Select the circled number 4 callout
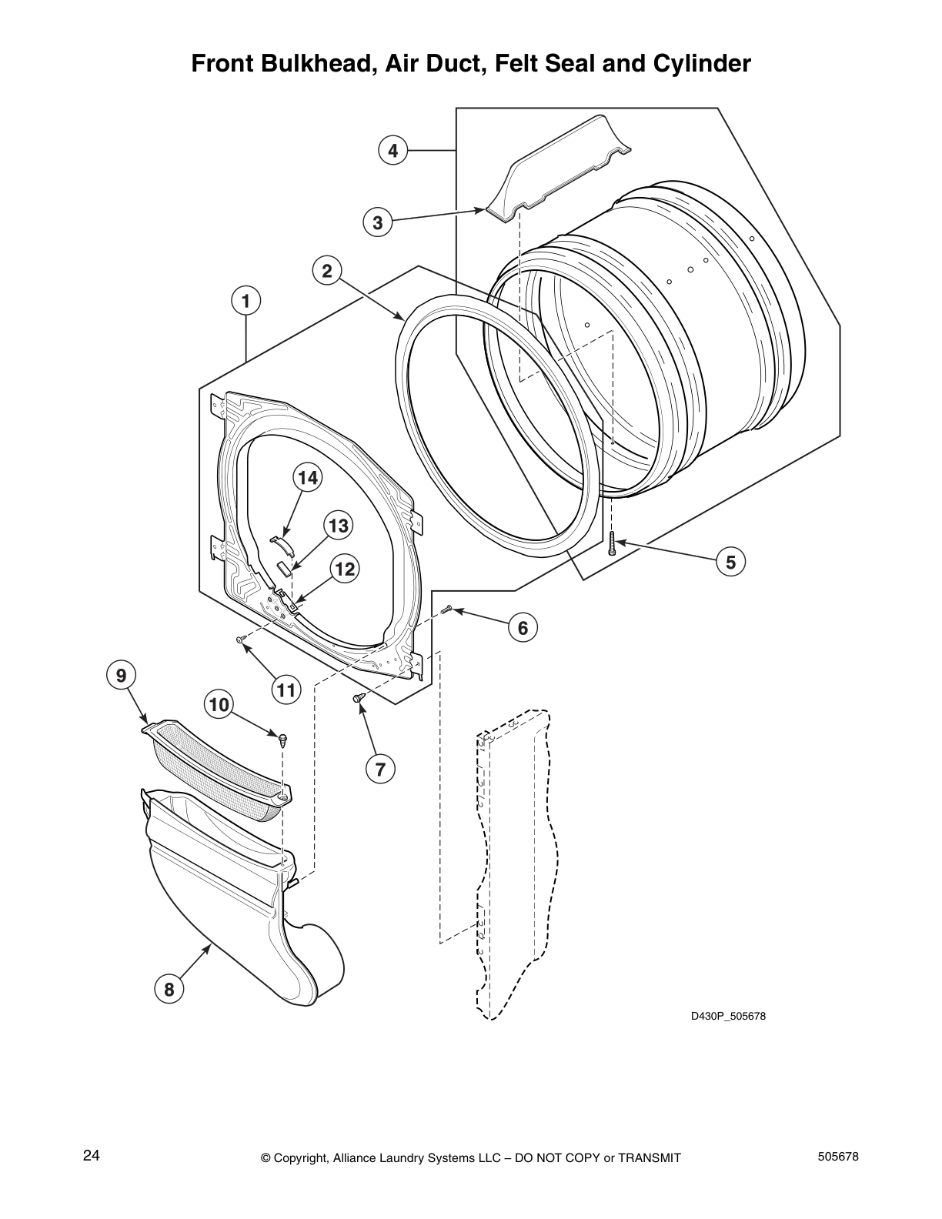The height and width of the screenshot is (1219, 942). (393, 151)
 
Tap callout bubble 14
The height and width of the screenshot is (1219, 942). (307, 478)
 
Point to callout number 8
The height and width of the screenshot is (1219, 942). (169, 989)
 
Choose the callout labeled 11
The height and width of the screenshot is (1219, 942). (286, 690)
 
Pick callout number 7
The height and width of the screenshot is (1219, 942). (380, 768)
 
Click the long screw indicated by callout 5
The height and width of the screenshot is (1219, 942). (611, 543)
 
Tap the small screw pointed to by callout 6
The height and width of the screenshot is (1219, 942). (446, 610)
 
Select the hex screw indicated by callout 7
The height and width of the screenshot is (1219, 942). (357, 698)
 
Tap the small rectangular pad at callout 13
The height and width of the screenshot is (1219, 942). (284, 567)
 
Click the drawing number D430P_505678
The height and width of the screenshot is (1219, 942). (727, 1017)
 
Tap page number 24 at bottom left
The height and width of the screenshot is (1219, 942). (91, 1155)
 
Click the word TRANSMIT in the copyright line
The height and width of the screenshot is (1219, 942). (648, 1158)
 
